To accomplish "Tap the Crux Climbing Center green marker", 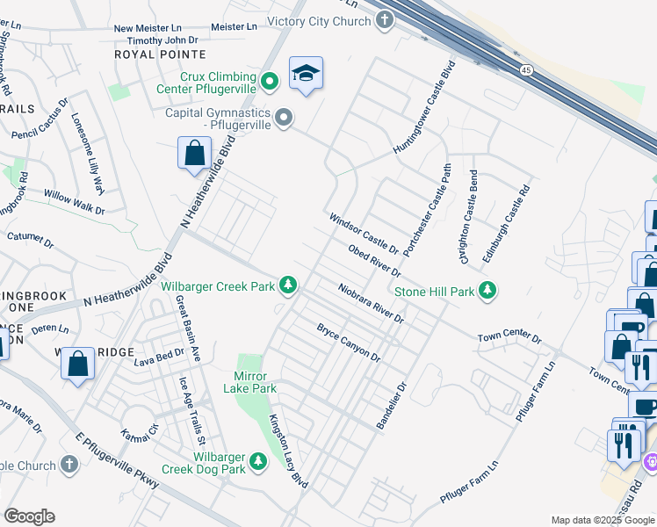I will tap(271, 82).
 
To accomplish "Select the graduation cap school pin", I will tap(306, 75).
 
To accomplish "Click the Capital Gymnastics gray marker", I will tap(284, 117).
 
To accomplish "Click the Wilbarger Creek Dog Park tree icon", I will tap(257, 459).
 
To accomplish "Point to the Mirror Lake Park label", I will tap(250, 382).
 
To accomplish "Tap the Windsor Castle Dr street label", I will tap(364, 233).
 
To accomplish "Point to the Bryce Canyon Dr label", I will tap(349, 343).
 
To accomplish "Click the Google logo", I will tap(29, 516).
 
